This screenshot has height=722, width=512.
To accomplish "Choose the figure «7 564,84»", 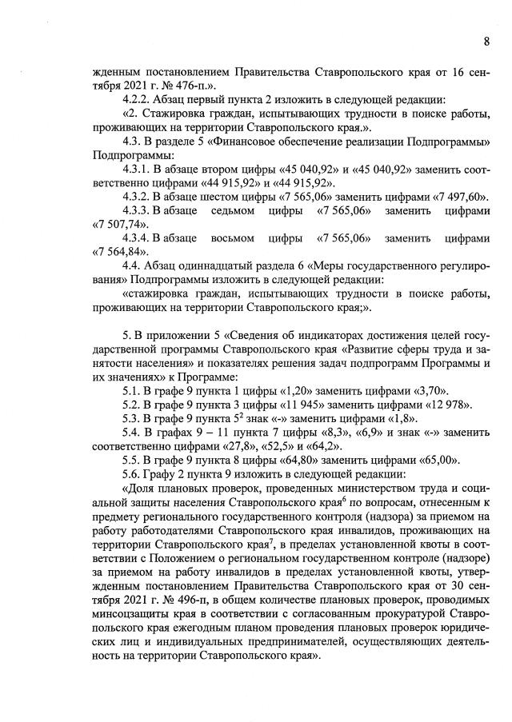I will point(115,256).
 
